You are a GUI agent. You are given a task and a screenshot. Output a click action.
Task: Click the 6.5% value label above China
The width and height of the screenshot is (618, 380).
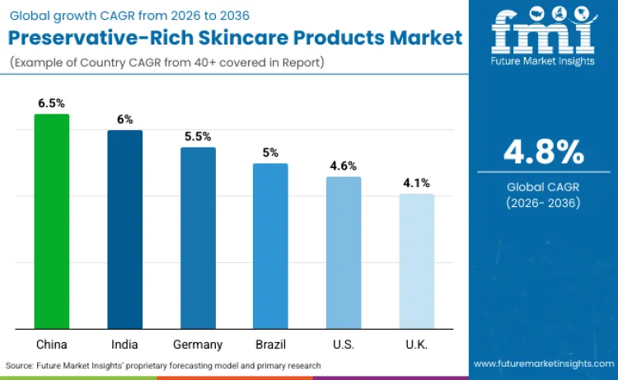pos(51,103)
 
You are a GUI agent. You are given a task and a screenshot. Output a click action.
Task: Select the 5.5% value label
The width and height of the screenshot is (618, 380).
pos(198,136)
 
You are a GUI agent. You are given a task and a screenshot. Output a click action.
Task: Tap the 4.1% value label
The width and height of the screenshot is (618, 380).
pos(416,183)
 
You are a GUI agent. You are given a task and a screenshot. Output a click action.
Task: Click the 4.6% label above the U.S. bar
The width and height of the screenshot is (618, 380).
pos(343,166)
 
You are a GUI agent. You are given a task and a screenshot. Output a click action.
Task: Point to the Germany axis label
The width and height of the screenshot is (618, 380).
pos(198,344)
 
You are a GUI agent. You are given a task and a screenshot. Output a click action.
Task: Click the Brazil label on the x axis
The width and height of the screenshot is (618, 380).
pos(270,344)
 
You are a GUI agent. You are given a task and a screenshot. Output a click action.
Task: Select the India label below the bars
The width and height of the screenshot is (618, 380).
pos(124,344)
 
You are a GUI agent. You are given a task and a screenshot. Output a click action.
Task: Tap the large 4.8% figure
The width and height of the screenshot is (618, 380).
pos(544,152)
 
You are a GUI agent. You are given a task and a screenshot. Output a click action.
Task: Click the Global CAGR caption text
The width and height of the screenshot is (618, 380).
pos(544,188)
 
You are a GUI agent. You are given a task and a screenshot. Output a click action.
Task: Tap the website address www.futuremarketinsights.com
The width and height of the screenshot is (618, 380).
pos(543,364)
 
